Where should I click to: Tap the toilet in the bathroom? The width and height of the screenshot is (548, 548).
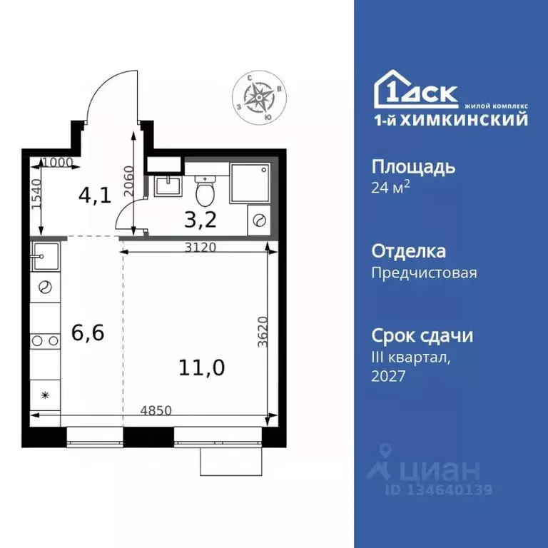205,188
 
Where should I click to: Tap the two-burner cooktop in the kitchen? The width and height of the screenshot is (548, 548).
45,340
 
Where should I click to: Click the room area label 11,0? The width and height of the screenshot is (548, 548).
202,367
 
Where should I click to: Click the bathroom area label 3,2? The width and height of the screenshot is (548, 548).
201,218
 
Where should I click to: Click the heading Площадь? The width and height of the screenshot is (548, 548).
413,168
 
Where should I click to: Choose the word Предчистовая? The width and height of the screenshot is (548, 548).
424,273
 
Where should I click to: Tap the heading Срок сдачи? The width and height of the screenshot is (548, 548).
422,335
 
